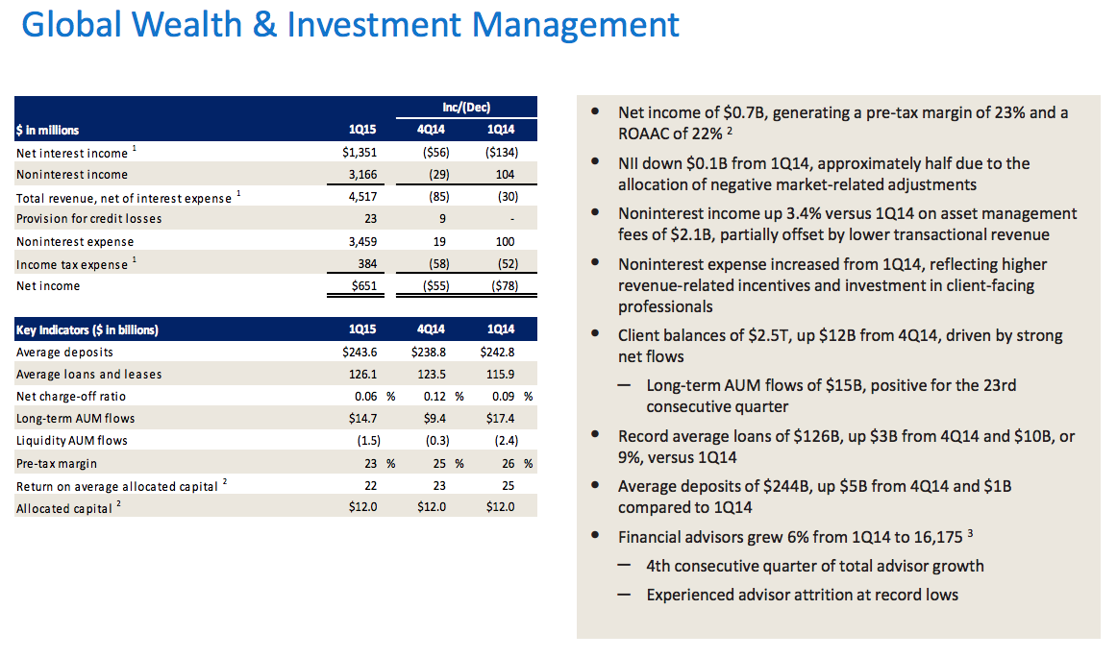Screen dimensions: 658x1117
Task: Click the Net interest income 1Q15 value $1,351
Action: click(x=361, y=153)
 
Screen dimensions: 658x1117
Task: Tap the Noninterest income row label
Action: click(x=72, y=174)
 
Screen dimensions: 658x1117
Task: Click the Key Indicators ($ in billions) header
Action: click(x=87, y=329)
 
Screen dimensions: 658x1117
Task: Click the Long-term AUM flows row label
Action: click(x=76, y=418)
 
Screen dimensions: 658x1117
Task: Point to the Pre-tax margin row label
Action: click(x=57, y=464)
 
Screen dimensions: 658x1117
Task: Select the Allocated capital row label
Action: click(x=64, y=508)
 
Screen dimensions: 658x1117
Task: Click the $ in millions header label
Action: click(x=48, y=130)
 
